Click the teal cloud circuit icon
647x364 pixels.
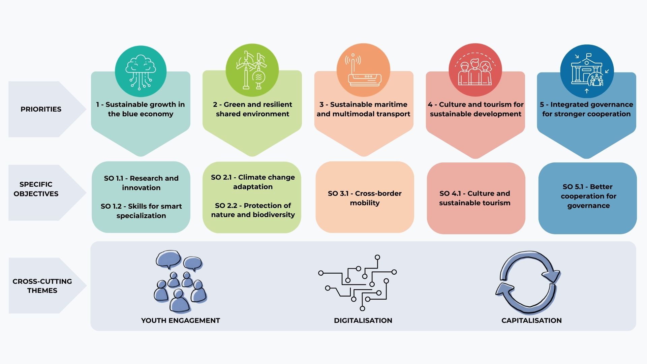click(141, 71)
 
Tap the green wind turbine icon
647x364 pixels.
click(252, 70)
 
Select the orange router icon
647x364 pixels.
click(363, 70)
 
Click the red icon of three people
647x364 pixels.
click(475, 70)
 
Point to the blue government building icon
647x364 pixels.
click(587, 71)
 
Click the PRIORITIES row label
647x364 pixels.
click(41, 109)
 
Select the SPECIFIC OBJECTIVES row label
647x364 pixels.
click(36, 189)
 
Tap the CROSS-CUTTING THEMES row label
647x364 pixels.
click(42, 286)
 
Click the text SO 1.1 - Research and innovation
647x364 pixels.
click(141, 183)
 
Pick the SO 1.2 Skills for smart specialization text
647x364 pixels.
click(141, 211)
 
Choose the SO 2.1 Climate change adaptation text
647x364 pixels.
click(253, 182)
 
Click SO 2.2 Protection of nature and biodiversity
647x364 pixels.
click(253, 210)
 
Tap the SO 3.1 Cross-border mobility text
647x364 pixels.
click(365, 198)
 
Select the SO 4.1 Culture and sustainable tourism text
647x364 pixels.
click(475, 198)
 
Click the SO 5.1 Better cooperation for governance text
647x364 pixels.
click(588, 196)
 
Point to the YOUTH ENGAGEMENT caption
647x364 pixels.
click(181, 321)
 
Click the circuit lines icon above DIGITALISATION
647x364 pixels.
click(358, 283)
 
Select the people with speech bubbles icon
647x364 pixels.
click(181, 281)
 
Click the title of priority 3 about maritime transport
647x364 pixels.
click(363, 109)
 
